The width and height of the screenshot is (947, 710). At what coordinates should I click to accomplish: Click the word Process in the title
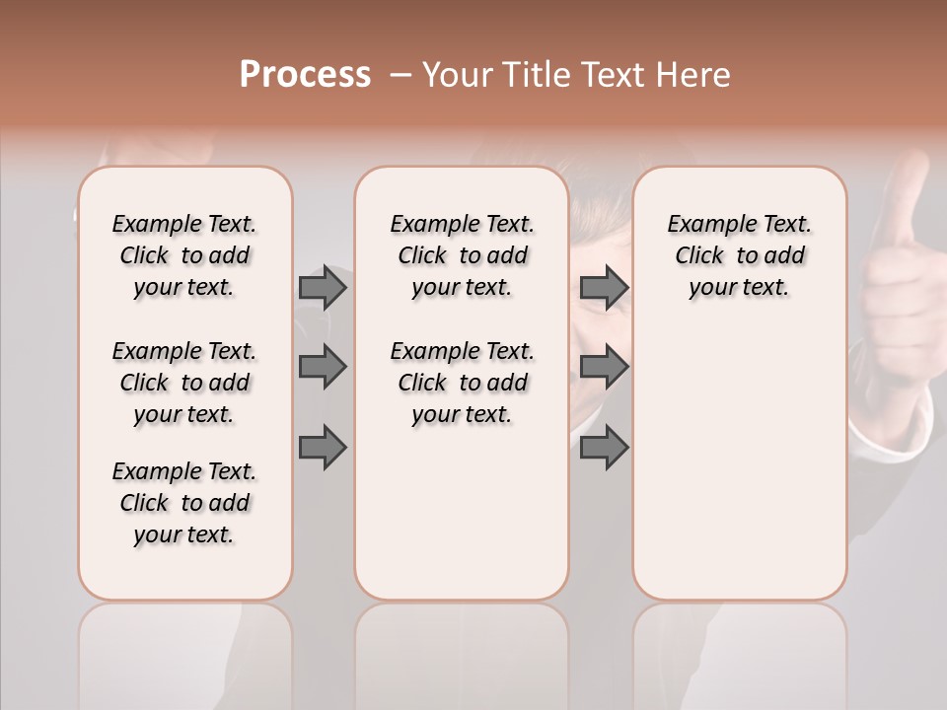(x=305, y=75)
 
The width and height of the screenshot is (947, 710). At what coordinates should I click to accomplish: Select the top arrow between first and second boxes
(x=323, y=287)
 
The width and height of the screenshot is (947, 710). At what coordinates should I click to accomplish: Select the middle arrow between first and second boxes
(x=323, y=367)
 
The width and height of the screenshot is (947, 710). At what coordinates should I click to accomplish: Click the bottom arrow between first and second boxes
(x=323, y=448)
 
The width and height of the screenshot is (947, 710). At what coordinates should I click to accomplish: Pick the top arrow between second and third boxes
(x=604, y=287)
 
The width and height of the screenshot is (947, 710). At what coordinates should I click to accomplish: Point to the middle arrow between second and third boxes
(x=604, y=367)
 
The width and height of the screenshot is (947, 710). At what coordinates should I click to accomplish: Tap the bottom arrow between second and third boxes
(x=604, y=448)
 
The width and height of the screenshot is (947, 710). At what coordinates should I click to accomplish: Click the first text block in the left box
(x=184, y=255)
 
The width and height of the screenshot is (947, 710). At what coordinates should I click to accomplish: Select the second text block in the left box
(x=184, y=383)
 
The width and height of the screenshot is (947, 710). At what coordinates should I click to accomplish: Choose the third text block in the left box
(x=184, y=503)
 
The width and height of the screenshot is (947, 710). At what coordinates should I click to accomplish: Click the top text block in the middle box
(x=462, y=255)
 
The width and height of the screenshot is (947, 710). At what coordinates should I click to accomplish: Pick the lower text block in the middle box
(x=462, y=383)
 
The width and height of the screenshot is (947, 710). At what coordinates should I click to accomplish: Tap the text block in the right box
(x=739, y=255)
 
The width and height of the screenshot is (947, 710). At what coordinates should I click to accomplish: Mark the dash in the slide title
(x=400, y=75)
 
